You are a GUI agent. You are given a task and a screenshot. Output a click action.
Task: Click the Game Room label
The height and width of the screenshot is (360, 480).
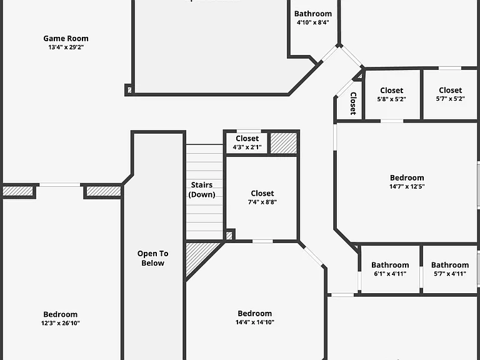[66, 39]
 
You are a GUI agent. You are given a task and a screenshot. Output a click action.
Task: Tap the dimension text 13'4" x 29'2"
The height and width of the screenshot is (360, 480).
[66, 47]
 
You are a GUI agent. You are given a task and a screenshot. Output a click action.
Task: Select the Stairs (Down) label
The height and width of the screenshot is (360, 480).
[202, 190]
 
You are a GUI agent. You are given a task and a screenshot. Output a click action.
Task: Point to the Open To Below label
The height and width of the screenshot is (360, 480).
[152, 258]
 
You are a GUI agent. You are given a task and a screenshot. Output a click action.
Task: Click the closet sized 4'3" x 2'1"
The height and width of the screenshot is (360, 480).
[247, 142]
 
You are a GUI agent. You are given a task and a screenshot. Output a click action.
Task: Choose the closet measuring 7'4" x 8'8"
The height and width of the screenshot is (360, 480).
[262, 197]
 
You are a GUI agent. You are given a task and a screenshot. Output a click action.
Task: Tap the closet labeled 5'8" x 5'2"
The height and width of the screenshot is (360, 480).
[392, 94]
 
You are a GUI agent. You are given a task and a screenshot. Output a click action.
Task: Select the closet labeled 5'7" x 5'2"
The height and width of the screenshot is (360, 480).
[450, 94]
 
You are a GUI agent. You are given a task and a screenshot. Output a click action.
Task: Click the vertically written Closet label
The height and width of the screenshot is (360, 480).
[353, 104]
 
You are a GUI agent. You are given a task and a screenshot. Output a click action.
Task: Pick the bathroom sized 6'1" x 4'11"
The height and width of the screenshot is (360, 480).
[390, 269]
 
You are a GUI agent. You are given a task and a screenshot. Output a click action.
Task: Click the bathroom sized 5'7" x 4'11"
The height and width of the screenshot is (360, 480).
[450, 269]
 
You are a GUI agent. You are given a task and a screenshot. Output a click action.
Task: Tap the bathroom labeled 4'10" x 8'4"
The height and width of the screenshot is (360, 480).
[313, 17]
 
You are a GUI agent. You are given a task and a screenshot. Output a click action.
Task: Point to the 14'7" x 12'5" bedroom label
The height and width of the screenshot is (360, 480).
[407, 182]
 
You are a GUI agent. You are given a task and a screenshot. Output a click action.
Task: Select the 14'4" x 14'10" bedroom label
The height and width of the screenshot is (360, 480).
[255, 317]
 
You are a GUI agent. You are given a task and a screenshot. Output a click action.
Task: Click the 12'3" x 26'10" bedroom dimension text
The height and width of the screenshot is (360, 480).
[61, 323]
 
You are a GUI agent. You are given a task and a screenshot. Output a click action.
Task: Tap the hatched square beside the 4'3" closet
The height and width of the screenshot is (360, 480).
[284, 143]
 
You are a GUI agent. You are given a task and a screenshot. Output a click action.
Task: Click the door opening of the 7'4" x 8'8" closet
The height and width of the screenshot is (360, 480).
[262, 241]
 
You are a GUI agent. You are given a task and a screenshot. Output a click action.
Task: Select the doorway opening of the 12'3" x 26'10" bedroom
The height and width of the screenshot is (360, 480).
[60, 185]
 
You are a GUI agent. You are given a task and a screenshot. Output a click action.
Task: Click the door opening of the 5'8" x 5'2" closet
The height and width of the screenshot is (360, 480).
[392, 121]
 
